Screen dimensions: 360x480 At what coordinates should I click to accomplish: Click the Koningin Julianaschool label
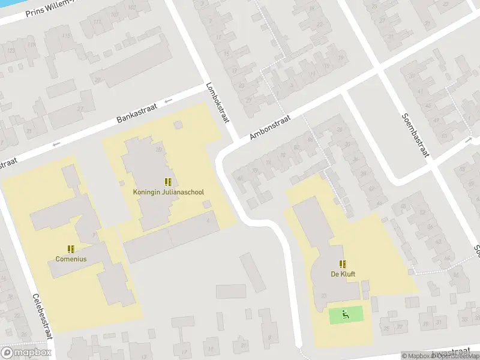coord(168,192)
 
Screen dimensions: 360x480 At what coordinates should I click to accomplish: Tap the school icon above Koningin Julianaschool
coord(168,182)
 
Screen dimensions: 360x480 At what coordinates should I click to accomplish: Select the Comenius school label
coord(71,259)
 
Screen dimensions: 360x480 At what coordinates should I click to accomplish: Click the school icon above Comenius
coord(71,249)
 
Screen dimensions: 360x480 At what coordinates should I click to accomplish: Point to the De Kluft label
coord(342,274)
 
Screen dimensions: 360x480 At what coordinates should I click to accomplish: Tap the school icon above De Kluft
coord(343,264)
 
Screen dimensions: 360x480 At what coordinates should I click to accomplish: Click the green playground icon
coord(345,314)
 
